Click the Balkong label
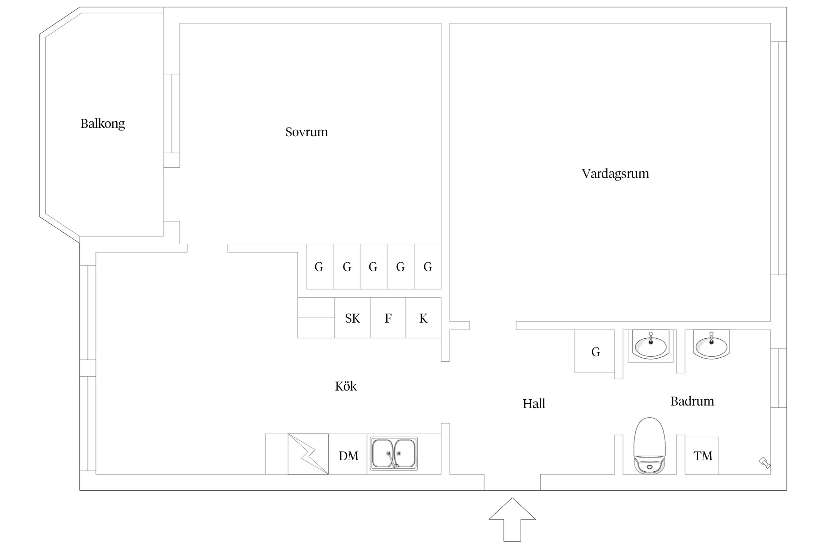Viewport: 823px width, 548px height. pos(102,123)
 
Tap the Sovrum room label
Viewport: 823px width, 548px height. pos(307,132)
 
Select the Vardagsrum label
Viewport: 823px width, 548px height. pos(615,174)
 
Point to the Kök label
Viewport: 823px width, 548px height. pos(346,386)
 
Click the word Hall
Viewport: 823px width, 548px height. pos(534,404)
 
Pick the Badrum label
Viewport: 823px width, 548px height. pos(692,401)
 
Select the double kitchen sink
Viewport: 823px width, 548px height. pos(394,453)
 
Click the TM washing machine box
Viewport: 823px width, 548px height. pos(702,456)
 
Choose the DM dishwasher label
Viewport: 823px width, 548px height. pos(348,456)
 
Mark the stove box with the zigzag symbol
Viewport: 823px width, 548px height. pos(308,454)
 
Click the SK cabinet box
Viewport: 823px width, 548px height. pos(352,318)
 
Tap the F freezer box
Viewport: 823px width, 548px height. pos(388,318)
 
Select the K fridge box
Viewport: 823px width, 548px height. pos(423,318)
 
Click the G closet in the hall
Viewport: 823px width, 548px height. pos(595,352)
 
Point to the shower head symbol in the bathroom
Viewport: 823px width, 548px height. pos(765,463)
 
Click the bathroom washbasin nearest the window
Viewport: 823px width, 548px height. pos(711,345)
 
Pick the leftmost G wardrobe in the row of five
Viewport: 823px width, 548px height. pos(319,267)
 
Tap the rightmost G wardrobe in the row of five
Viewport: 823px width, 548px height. pos(428,267)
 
